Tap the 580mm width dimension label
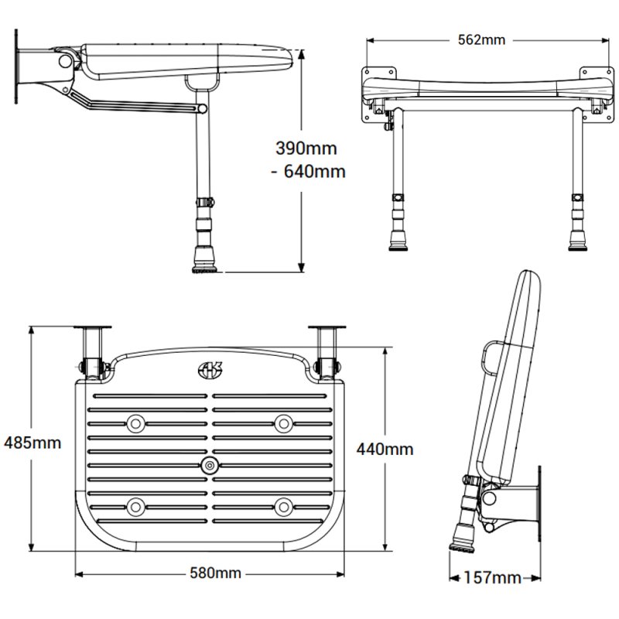(216, 573)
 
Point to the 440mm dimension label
(385, 449)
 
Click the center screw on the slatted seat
(209, 466)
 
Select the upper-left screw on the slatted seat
(137, 423)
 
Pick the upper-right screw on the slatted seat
(283, 423)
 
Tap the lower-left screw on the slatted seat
(137, 507)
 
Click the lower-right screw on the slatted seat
(283, 507)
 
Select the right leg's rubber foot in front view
(577, 240)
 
